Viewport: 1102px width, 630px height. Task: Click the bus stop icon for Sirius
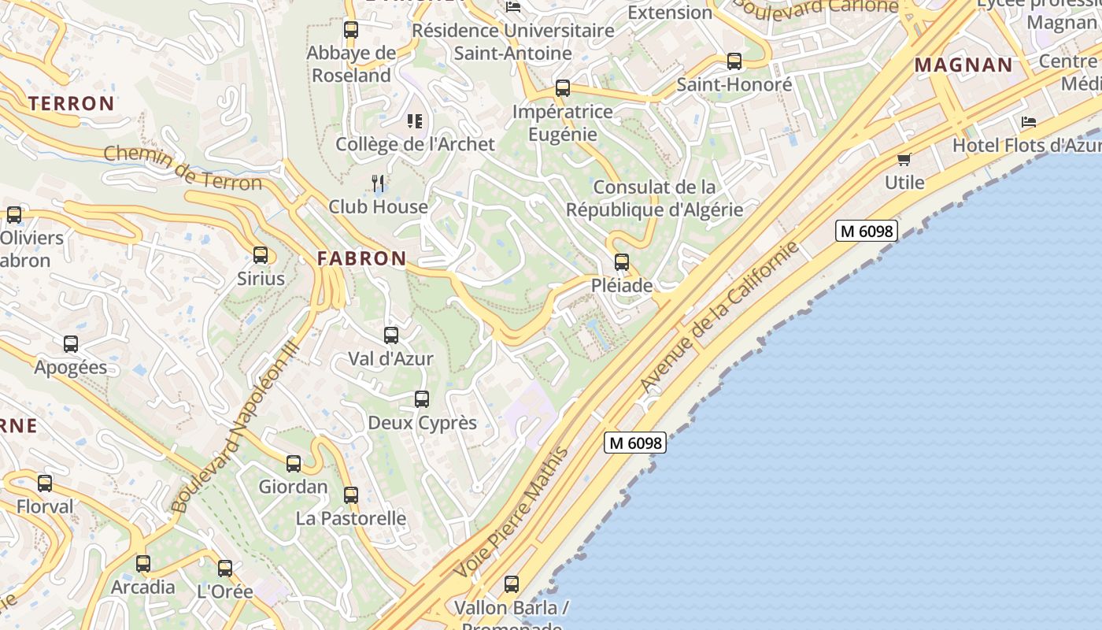261,255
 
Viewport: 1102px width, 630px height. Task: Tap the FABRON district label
362,258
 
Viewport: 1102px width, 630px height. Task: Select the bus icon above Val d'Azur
391,335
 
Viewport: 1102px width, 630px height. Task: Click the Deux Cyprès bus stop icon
422,399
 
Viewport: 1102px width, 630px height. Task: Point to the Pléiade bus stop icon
622,262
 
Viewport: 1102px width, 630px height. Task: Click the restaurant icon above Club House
378,183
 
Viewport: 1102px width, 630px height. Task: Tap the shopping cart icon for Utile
904,159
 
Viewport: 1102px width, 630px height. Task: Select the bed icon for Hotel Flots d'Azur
1029,122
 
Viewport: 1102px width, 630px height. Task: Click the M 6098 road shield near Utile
867,231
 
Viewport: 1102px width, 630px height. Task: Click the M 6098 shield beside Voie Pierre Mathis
635,443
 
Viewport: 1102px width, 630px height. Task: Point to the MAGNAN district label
963,65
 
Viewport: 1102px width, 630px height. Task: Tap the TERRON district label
72,103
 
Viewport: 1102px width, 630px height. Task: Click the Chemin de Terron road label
183,169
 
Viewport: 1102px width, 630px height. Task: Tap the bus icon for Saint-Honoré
734,61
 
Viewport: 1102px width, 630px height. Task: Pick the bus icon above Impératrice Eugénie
563,88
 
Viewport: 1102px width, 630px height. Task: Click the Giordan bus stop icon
294,464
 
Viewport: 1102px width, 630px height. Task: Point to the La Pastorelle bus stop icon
351,495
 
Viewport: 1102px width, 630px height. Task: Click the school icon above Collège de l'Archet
415,121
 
